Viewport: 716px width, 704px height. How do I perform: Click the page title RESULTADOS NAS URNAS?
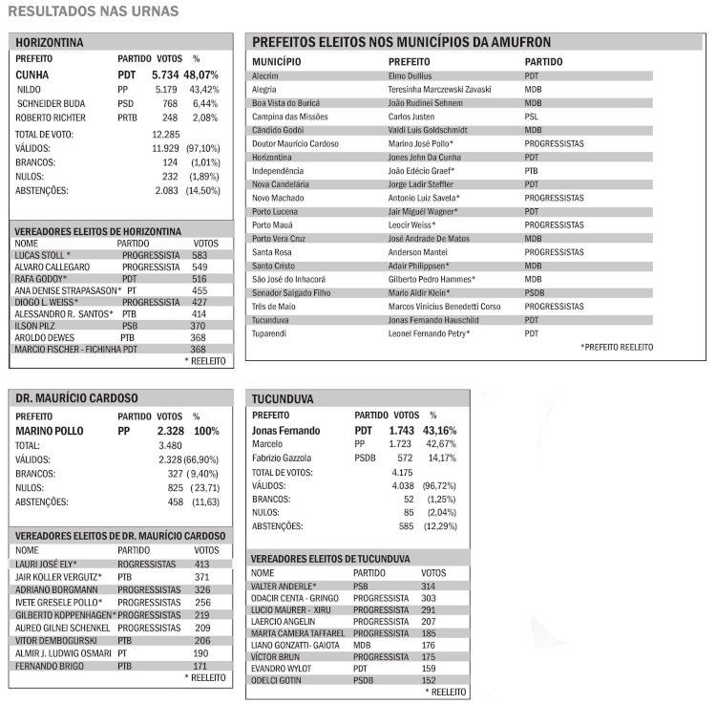pyautogui.click(x=93, y=11)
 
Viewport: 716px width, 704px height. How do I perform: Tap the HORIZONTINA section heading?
pyautogui.click(x=50, y=42)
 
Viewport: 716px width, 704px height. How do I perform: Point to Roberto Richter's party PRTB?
pyautogui.click(x=128, y=117)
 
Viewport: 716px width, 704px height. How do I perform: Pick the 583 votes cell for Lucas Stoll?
pyautogui.click(x=200, y=255)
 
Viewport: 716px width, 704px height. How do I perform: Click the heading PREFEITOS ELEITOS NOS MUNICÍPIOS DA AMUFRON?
pyautogui.click(x=401, y=42)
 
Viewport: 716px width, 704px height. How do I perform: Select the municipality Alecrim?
pyautogui.click(x=264, y=75)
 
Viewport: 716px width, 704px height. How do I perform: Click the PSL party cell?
pyautogui.click(x=532, y=116)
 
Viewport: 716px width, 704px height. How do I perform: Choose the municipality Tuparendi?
pyautogui.click(x=269, y=333)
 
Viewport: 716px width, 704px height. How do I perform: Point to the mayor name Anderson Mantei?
pyautogui.click(x=420, y=251)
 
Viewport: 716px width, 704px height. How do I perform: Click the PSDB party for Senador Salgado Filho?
pyautogui.click(x=535, y=292)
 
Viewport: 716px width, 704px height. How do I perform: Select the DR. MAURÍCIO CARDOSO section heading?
pyautogui.click(x=77, y=397)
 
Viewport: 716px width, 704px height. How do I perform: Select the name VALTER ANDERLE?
pyautogui.click(x=284, y=586)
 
